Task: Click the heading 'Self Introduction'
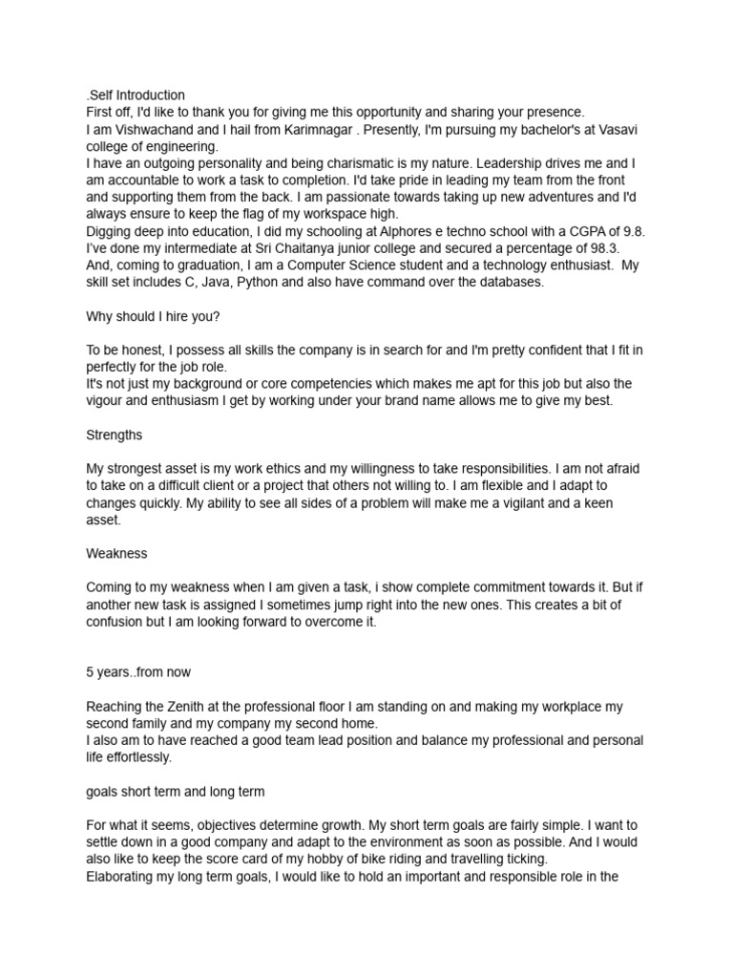click(x=136, y=96)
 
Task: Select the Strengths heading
click(x=115, y=435)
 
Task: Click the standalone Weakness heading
click(x=116, y=554)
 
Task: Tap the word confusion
click(x=117, y=623)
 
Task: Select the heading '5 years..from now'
click(x=139, y=672)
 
